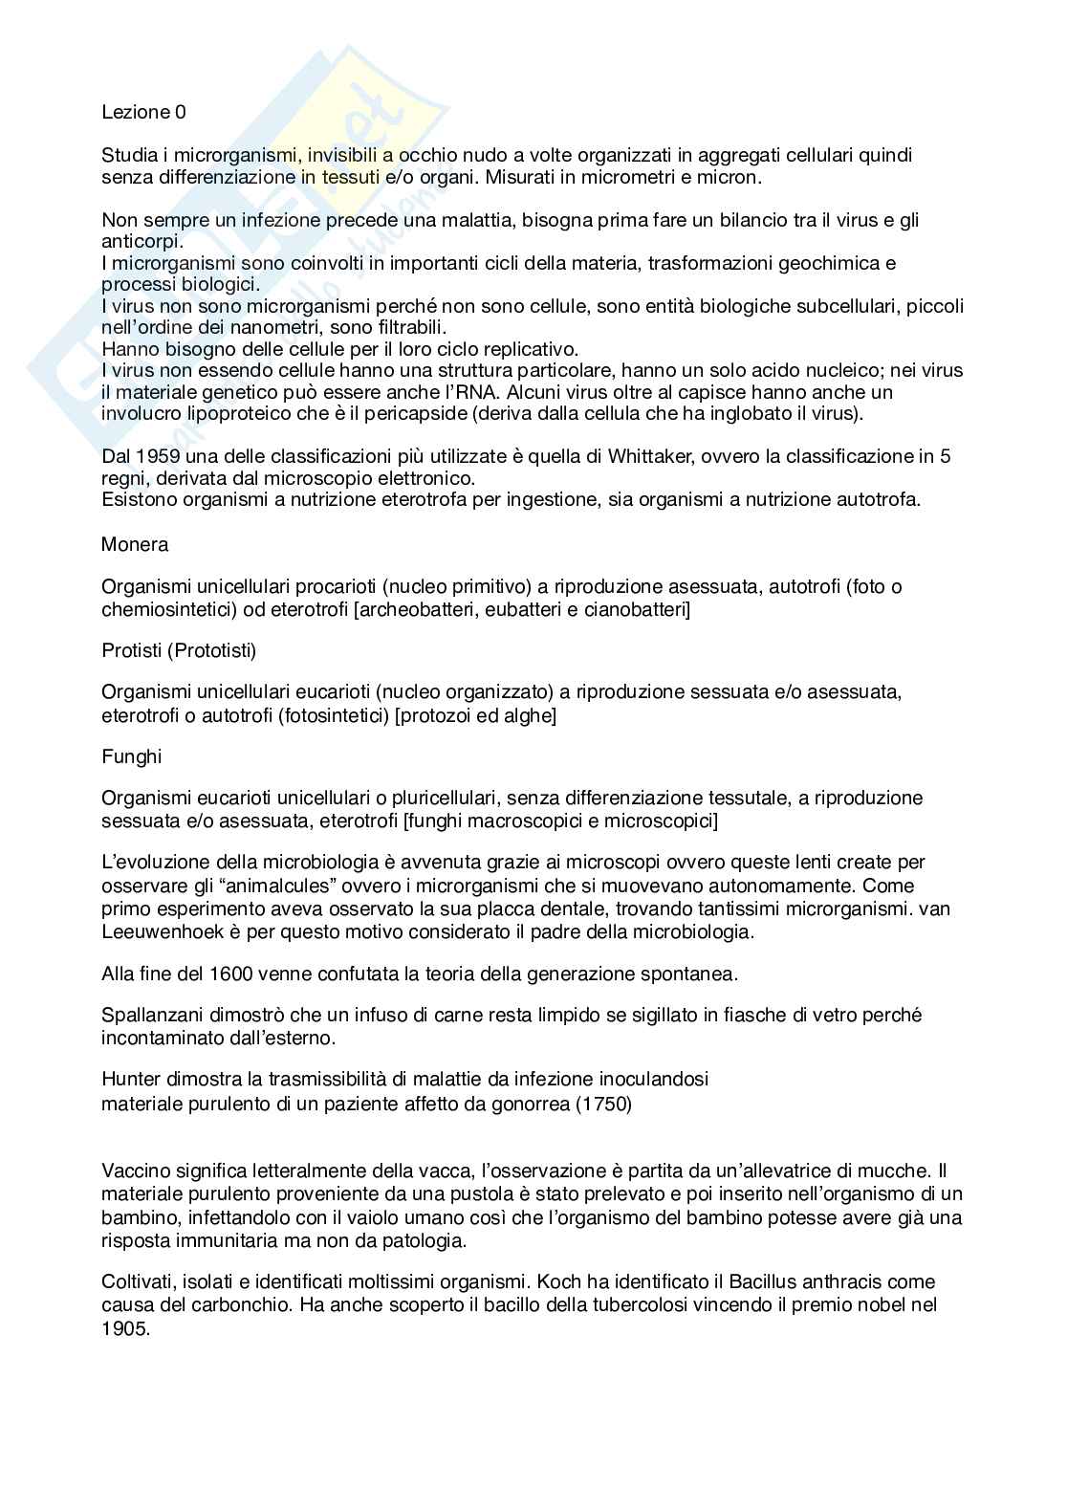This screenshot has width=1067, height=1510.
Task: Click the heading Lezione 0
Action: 143,113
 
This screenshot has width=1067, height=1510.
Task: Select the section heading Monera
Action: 135,545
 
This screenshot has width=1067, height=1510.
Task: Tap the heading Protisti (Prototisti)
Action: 179,651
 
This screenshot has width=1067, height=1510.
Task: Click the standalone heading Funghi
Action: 132,756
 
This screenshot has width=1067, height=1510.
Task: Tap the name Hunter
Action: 130,1080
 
